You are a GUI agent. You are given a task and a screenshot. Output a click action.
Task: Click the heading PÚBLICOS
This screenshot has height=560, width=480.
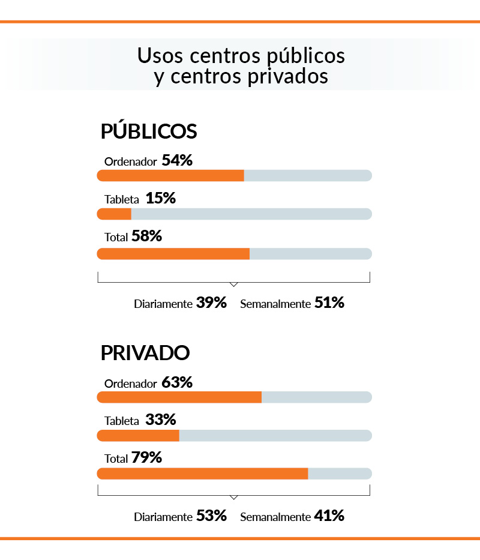pyautogui.click(x=149, y=131)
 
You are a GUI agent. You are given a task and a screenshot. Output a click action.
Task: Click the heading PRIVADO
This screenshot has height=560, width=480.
pyautogui.click(x=145, y=353)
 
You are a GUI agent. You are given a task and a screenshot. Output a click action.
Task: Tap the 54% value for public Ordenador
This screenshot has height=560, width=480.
pyautogui.click(x=177, y=160)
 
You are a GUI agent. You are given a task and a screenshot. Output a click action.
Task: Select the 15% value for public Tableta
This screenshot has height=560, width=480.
pyautogui.click(x=161, y=198)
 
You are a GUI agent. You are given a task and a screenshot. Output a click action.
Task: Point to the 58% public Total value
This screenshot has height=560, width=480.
pyautogui.click(x=147, y=236)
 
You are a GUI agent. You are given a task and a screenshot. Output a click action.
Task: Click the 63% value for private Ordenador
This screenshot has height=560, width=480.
pyautogui.click(x=177, y=382)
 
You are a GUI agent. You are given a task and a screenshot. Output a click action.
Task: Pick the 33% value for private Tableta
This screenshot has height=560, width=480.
pyautogui.click(x=161, y=420)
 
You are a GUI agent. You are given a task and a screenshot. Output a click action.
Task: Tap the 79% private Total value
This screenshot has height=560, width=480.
pyautogui.click(x=147, y=457)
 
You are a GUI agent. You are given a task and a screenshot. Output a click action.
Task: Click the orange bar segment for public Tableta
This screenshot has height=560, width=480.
pyautogui.click(x=114, y=214)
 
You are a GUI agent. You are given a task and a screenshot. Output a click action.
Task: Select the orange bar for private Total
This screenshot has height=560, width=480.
pyautogui.click(x=202, y=474)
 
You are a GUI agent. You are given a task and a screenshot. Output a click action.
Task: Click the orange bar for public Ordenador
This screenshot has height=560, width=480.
pyautogui.click(x=170, y=175)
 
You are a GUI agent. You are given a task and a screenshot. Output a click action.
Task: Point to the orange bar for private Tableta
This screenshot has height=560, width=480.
pyautogui.click(x=138, y=435)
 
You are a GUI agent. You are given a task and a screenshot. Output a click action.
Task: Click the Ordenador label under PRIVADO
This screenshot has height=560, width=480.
pyautogui.click(x=131, y=384)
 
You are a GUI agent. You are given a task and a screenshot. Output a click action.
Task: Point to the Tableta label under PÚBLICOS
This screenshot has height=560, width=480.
pyautogui.click(x=122, y=199)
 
